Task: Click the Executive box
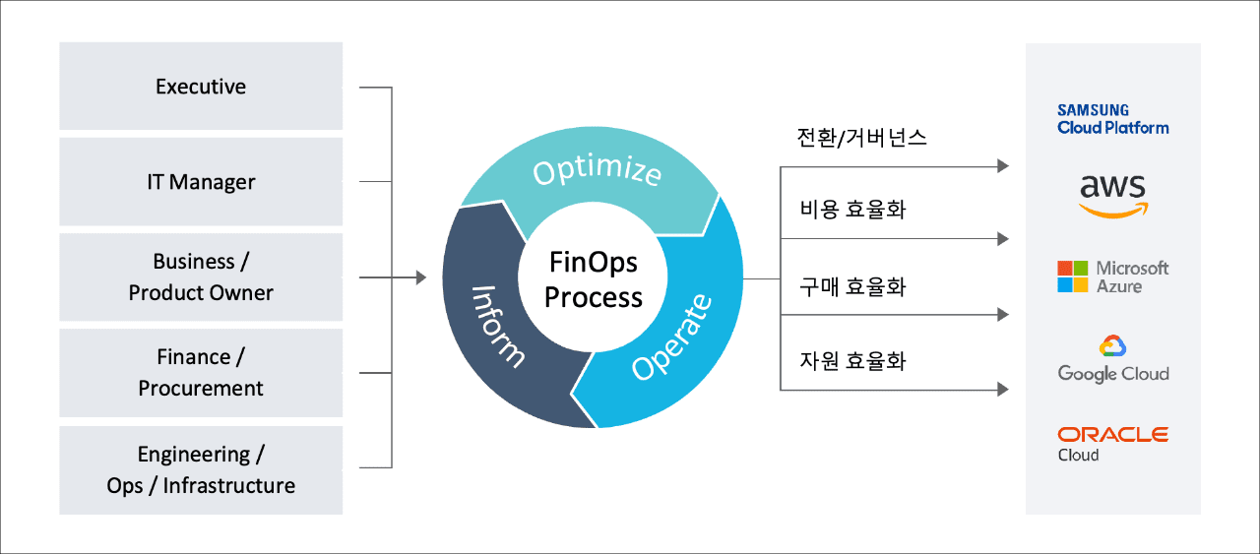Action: (201, 87)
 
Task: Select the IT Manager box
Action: (201, 182)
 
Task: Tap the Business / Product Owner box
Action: (201, 277)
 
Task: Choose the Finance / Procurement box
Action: (201, 372)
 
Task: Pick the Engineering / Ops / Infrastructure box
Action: (201, 469)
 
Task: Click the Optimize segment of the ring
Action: (597, 173)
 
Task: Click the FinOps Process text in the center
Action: (593, 280)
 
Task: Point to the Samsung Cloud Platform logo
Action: (1112, 119)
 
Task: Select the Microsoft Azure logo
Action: (1112, 277)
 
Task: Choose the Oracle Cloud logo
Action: (1112, 443)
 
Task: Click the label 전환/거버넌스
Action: (861, 137)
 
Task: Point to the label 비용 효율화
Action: (852, 210)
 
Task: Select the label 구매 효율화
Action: (852, 286)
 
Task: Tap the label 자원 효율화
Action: (852, 361)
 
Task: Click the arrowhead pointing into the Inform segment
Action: (421, 277)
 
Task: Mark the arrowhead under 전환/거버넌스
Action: (1003, 166)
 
